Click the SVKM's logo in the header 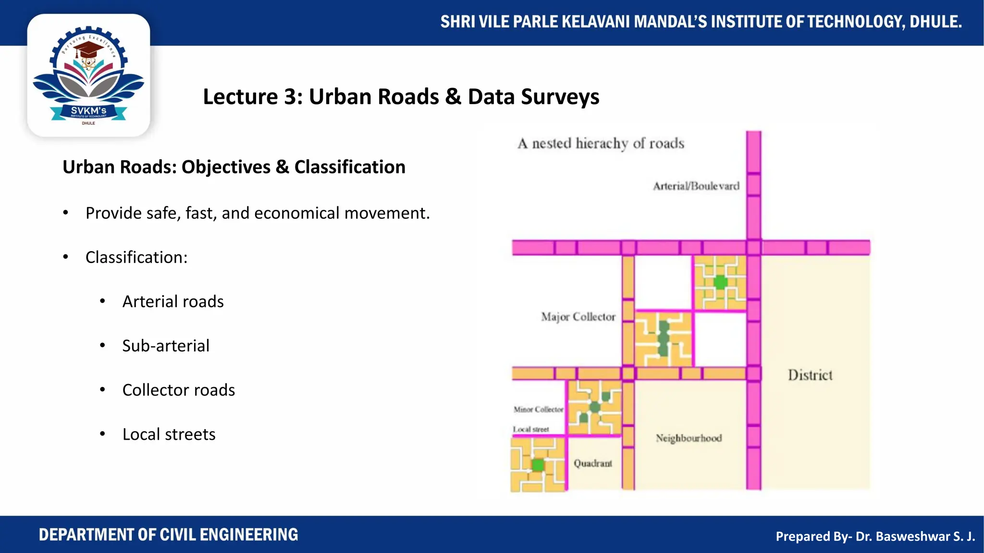pyautogui.click(x=88, y=76)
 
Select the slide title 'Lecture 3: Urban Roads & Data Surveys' pyautogui.click(x=401, y=96)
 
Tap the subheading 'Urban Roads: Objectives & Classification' pyautogui.click(x=234, y=167)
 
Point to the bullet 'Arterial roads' pyautogui.click(x=173, y=301)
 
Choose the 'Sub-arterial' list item pyautogui.click(x=166, y=346)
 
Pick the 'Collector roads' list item pyautogui.click(x=178, y=390)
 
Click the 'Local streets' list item pyautogui.click(x=169, y=434)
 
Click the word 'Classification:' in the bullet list pyautogui.click(x=136, y=257)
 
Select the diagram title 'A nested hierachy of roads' pyautogui.click(x=601, y=144)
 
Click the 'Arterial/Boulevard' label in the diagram pyautogui.click(x=696, y=186)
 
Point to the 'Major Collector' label pyautogui.click(x=578, y=317)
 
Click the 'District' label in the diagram pyautogui.click(x=810, y=375)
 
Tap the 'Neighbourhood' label pyautogui.click(x=689, y=438)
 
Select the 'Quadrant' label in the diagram pyautogui.click(x=593, y=463)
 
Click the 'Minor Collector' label pyautogui.click(x=538, y=409)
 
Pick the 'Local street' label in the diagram pyautogui.click(x=530, y=429)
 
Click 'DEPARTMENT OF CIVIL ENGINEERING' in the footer pyautogui.click(x=168, y=535)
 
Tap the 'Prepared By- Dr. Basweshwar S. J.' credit pyautogui.click(x=875, y=536)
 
